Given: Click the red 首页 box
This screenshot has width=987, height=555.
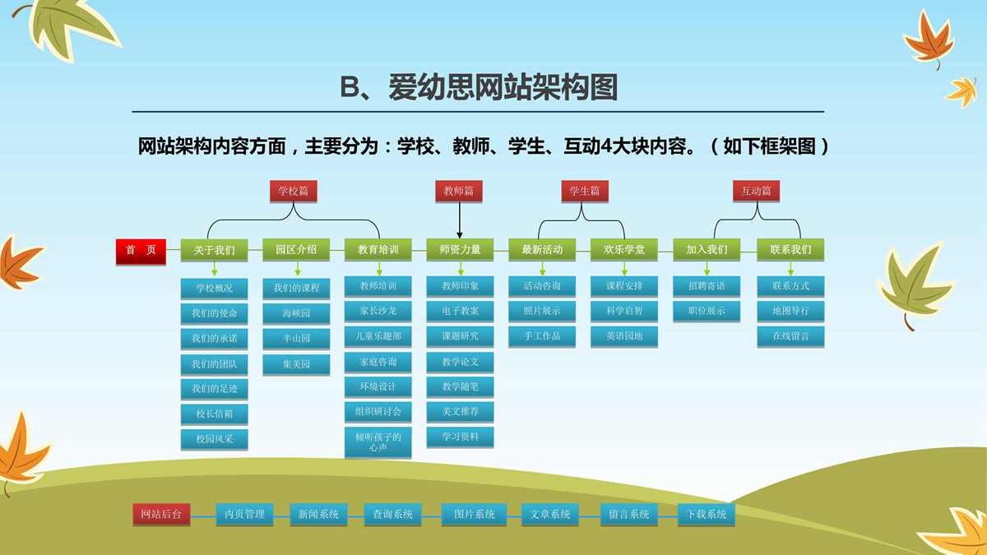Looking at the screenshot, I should tap(141, 250).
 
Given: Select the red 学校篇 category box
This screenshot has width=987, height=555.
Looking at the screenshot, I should tap(294, 191).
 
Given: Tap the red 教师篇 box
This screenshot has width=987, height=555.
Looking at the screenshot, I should tap(459, 191).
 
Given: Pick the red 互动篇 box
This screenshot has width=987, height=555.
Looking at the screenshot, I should tap(756, 191).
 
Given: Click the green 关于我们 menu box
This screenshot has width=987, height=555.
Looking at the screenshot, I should tap(214, 250).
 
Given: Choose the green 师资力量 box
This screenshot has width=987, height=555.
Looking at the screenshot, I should tap(460, 250).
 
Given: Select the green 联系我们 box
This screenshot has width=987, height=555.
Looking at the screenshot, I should tap(790, 250).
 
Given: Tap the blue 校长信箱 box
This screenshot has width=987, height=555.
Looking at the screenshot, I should tap(214, 414).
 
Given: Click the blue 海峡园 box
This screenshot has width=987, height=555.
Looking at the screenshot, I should tap(296, 313).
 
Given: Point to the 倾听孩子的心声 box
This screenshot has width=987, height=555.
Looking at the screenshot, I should tap(378, 442).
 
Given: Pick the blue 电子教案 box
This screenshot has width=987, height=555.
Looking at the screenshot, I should tap(460, 312).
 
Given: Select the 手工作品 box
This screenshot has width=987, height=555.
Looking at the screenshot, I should tap(542, 336).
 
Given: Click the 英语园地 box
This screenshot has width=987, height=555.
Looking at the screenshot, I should tap(624, 336).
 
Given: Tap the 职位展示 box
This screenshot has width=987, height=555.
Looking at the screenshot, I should tap(707, 312).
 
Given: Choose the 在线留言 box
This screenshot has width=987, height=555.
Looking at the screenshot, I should tap(790, 336).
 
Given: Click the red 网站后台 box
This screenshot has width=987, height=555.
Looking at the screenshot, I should tap(161, 514).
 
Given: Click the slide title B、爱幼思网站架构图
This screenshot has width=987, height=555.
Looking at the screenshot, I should tap(479, 87).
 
